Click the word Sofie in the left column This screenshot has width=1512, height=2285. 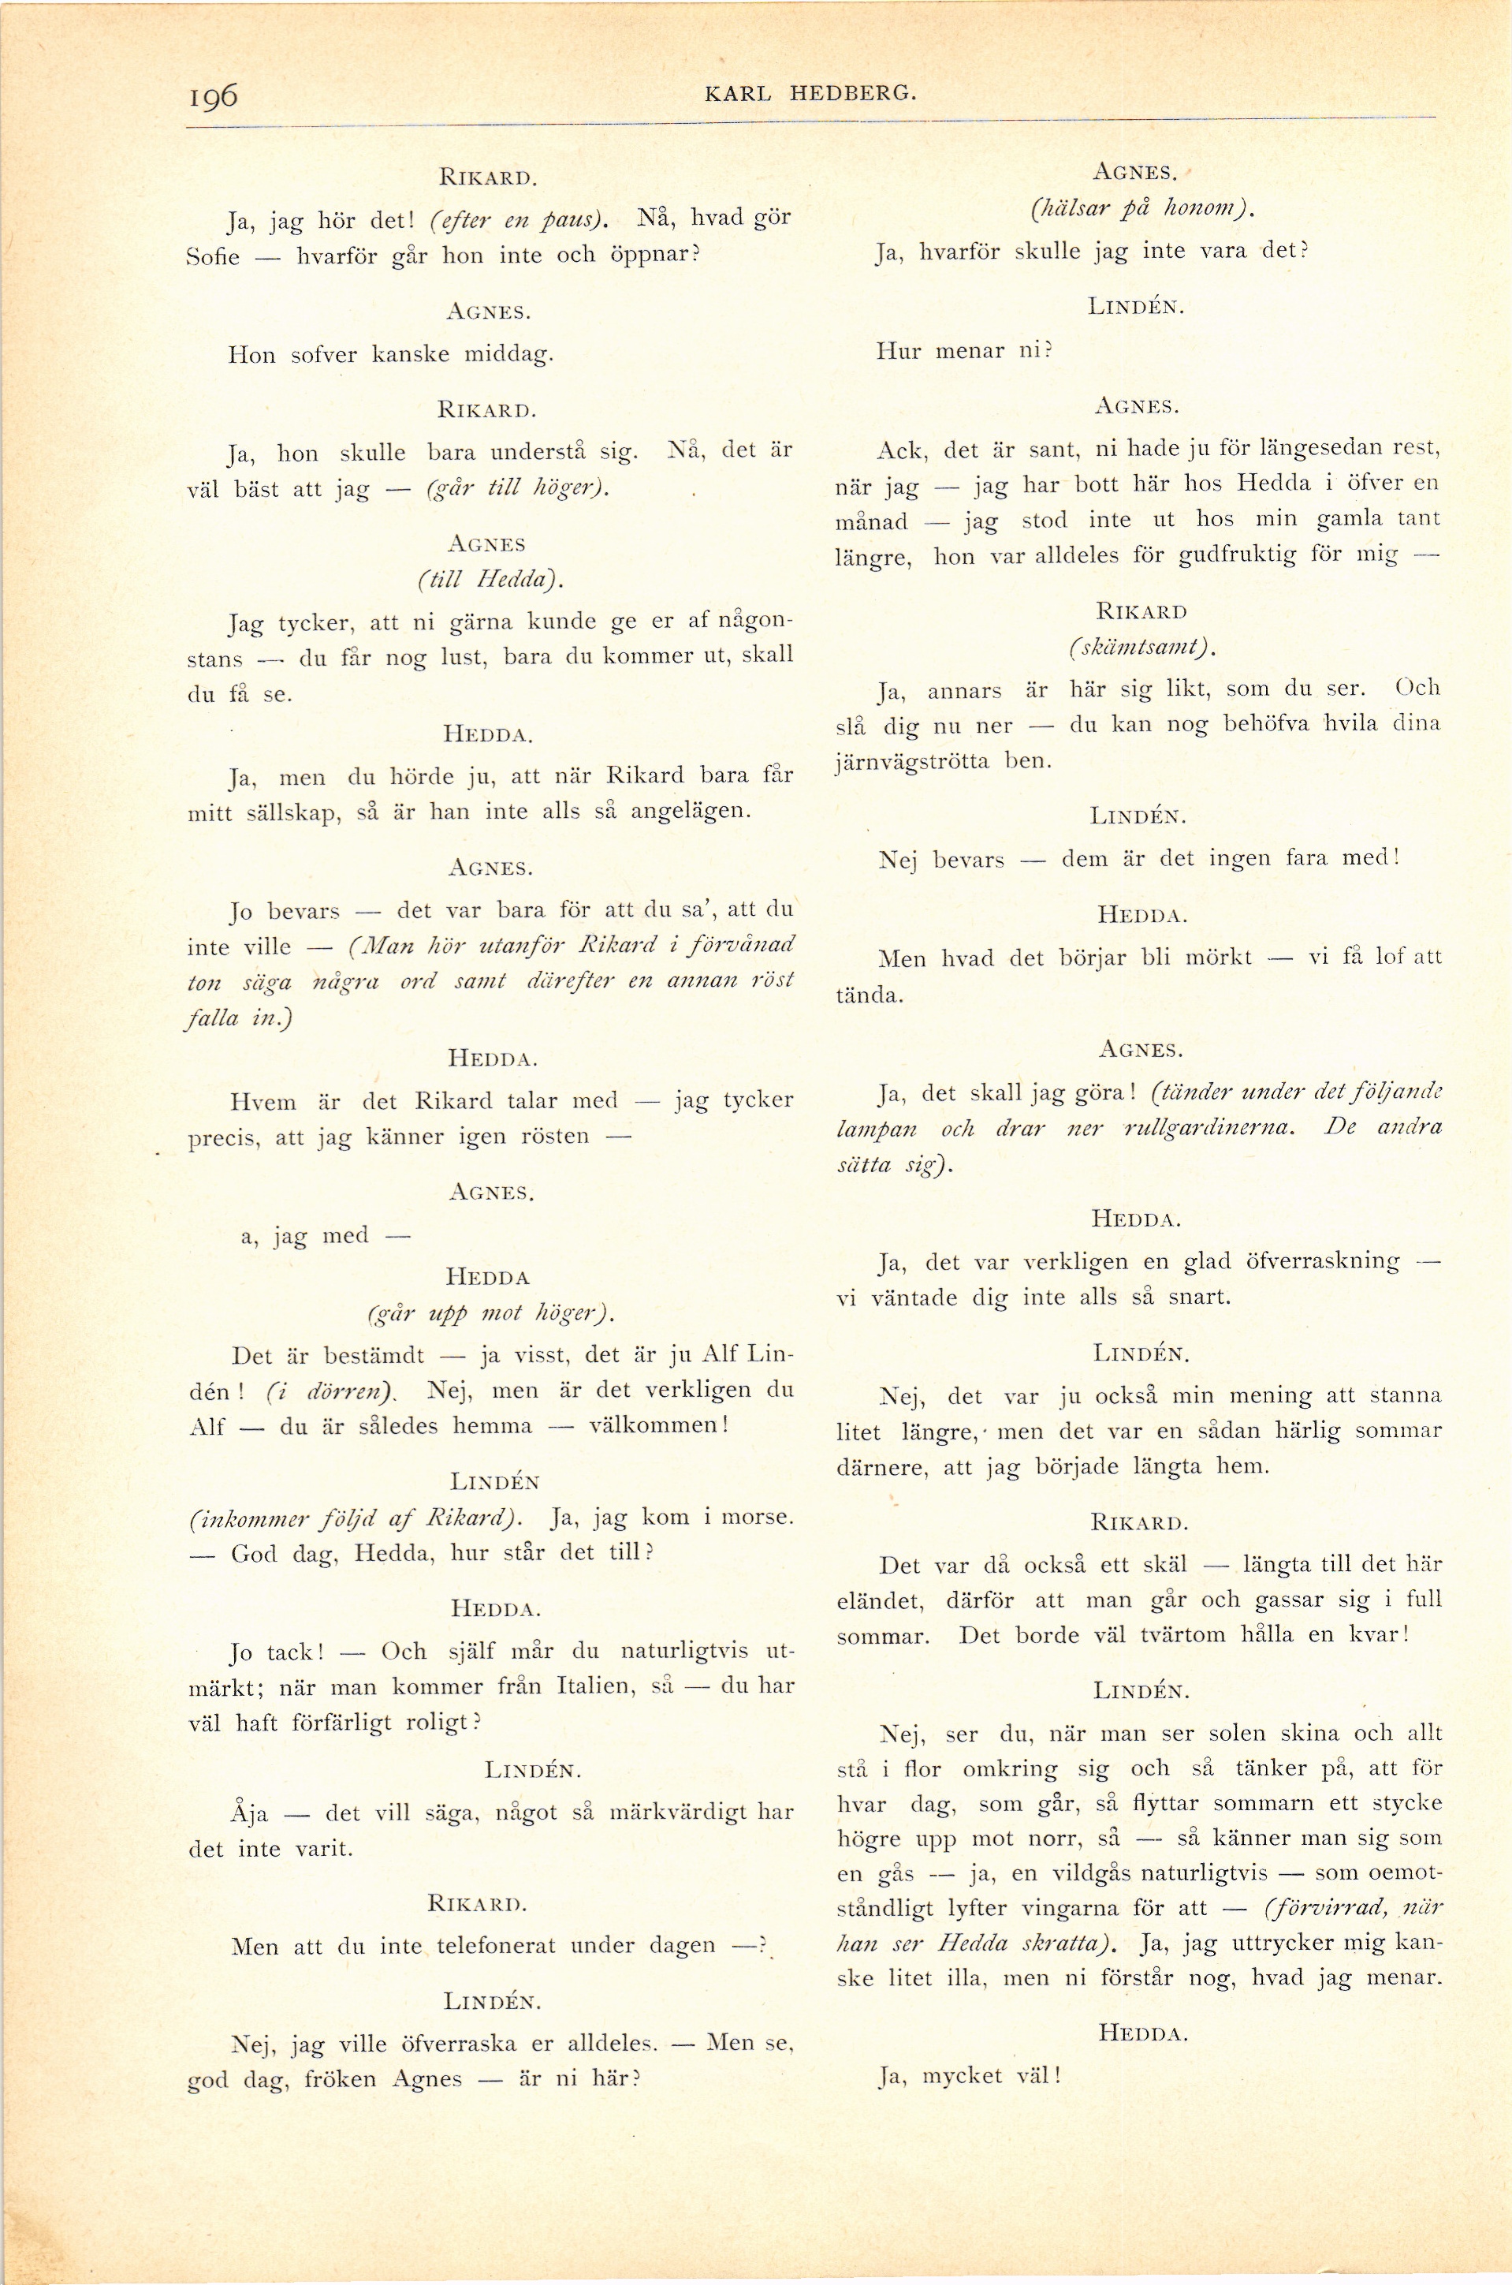click(212, 258)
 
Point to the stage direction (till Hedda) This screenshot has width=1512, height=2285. click(489, 579)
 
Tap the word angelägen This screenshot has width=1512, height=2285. click(690, 811)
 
